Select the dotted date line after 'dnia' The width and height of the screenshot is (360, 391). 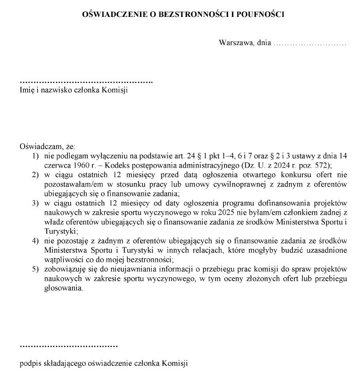click(x=310, y=44)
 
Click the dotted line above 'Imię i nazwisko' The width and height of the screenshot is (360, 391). click(x=86, y=82)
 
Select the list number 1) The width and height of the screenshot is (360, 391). click(x=35, y=155)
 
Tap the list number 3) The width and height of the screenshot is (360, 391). click(x=35, y=203)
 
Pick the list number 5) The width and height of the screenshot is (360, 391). click(x=35, y=269)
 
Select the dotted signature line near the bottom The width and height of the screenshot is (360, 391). click(x=69, y=346)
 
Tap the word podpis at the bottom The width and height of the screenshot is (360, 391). click(x=29, y=364)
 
